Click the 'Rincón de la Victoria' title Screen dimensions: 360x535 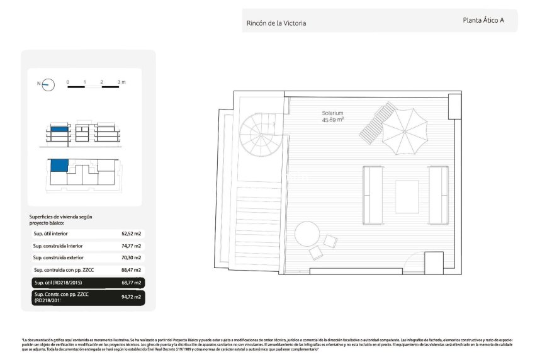(x=276, y=23)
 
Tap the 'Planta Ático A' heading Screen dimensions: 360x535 (x=483, y=20)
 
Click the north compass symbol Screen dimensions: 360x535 (x=48, y=84)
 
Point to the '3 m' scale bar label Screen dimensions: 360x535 (x=121, y=82)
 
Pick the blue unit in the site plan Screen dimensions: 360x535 (x=58, y=166)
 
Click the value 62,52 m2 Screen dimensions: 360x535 (x=131, y=233)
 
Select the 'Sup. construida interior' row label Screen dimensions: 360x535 (x=58, y=245)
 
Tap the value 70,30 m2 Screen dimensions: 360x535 (x=131, y=257)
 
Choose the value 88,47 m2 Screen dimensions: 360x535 (x=131, y=269)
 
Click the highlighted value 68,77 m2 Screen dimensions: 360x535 (x=131, y=282)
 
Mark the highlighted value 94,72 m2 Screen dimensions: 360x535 (x=131, y=296)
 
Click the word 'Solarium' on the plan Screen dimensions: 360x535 (x=333, y=113)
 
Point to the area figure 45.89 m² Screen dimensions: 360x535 (x=333, y=120)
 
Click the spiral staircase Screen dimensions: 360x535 (x=257, y=133)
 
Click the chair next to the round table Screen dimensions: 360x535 (x=314, y=253)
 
